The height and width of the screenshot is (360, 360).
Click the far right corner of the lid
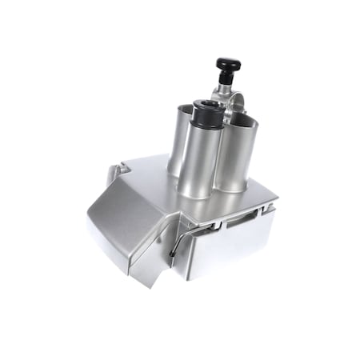[277, 196]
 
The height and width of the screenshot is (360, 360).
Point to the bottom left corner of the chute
[89, 229]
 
